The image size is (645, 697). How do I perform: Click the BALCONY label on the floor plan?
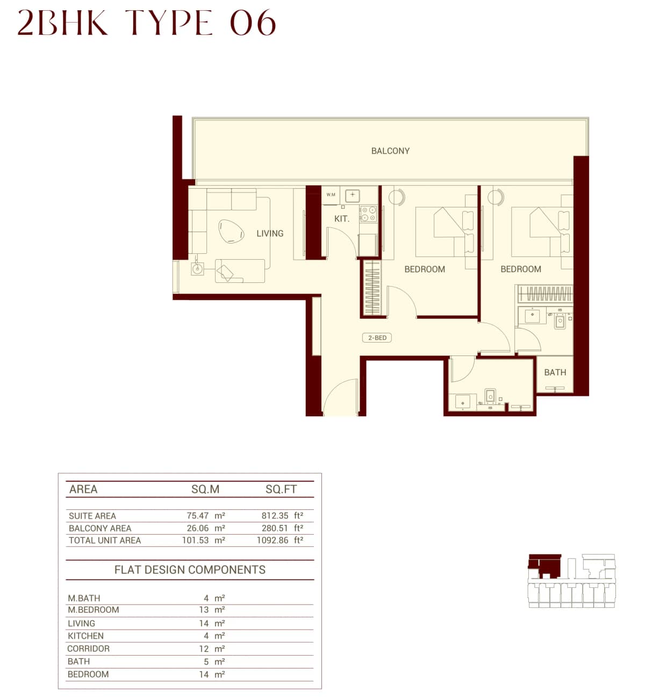tap(390, 151)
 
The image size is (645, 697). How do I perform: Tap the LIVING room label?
tap(269, 233)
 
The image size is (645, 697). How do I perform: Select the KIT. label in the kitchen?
tap(341, 219)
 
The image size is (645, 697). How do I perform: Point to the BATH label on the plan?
tap(555, 372)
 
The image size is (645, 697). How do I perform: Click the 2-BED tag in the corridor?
tap(377, 338)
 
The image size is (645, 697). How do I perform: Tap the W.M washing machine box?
tap(331, 195)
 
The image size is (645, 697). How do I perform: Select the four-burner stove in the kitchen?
tap(368, 214)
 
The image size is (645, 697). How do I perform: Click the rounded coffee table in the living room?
tap(231, 231)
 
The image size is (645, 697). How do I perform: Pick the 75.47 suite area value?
tap(197, 516)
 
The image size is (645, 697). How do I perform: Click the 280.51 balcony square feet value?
tap(275, 528)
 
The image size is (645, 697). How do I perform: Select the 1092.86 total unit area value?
tap(273, 540)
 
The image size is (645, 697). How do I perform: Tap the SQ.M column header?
tap(205, 489)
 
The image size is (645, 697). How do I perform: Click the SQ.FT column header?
tap(281, 489)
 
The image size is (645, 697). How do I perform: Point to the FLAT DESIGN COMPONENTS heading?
tap(190, 570)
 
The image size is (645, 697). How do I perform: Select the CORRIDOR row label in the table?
tap(88, 649)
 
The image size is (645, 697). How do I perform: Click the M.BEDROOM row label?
tap(93, 610)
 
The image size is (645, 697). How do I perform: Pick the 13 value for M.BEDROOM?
tap(204, 610)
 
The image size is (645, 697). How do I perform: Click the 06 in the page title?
tap(253, 24)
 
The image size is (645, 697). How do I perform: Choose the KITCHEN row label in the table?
tap(85, 636)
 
